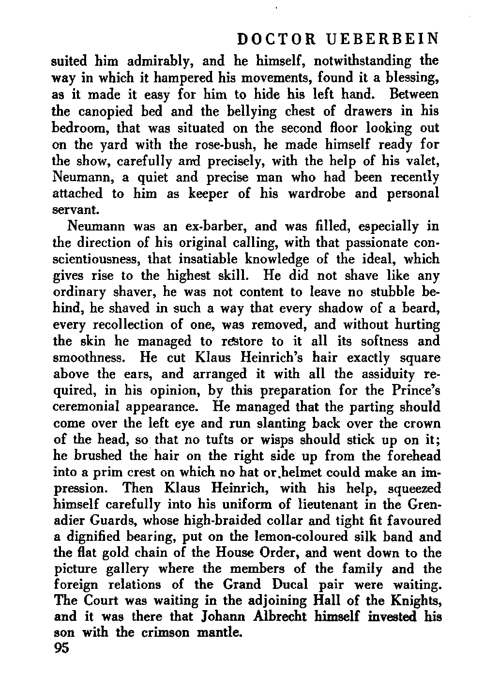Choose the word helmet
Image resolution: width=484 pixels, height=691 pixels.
pos(291,473)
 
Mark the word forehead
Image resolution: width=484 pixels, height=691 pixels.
pos(414,457)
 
